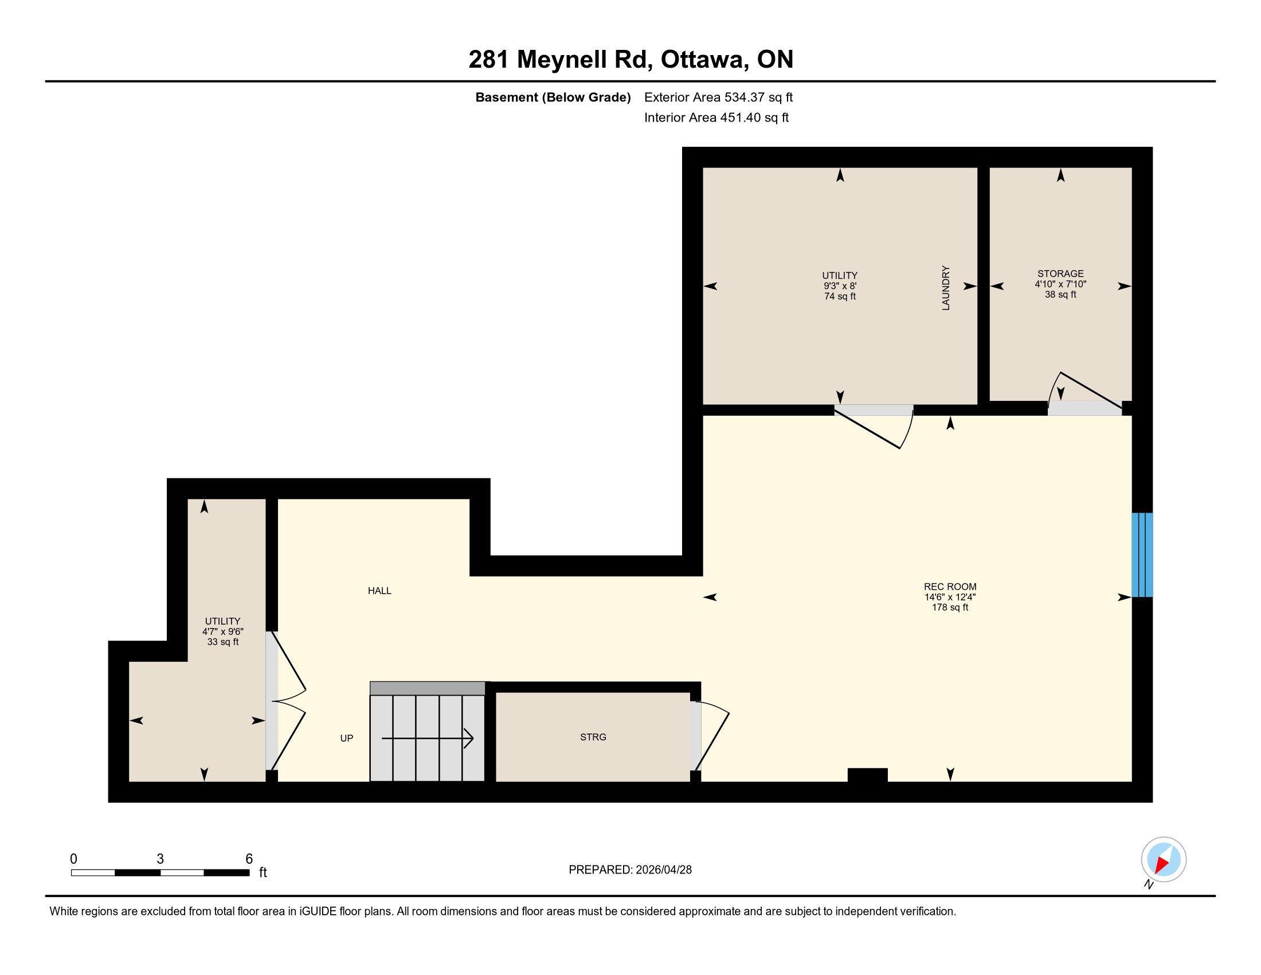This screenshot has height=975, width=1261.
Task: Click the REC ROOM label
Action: pos(950,587)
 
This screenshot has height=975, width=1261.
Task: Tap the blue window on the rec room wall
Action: pos(1142,555)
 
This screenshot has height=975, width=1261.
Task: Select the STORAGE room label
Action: pos(1060,274)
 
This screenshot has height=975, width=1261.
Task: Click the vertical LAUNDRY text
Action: pos(946,288)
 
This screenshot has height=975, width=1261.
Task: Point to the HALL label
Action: pos(379,590)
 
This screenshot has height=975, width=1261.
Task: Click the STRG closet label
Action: pos(593,737)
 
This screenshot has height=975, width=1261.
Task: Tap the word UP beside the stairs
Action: pos(346,738)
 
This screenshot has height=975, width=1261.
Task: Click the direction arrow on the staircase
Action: pos(427,738)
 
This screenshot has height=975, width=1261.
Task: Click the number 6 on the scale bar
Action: pos(249,859)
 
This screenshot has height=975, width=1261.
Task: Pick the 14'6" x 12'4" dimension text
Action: pos(950,597)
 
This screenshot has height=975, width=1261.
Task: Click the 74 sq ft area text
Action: pos(840,297)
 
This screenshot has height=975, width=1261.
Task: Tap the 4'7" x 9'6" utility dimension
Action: pos(223,632)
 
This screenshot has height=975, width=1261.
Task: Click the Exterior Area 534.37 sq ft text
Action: pos(718,97)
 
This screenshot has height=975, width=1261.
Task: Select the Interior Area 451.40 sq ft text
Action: pos(716,118)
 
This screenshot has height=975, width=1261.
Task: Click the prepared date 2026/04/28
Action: pos(663,870)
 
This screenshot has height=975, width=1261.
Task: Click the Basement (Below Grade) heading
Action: pos(553,97)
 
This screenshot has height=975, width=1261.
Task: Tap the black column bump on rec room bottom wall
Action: pos(867,775)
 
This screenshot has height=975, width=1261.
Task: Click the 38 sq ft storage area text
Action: pos(1060,295)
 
